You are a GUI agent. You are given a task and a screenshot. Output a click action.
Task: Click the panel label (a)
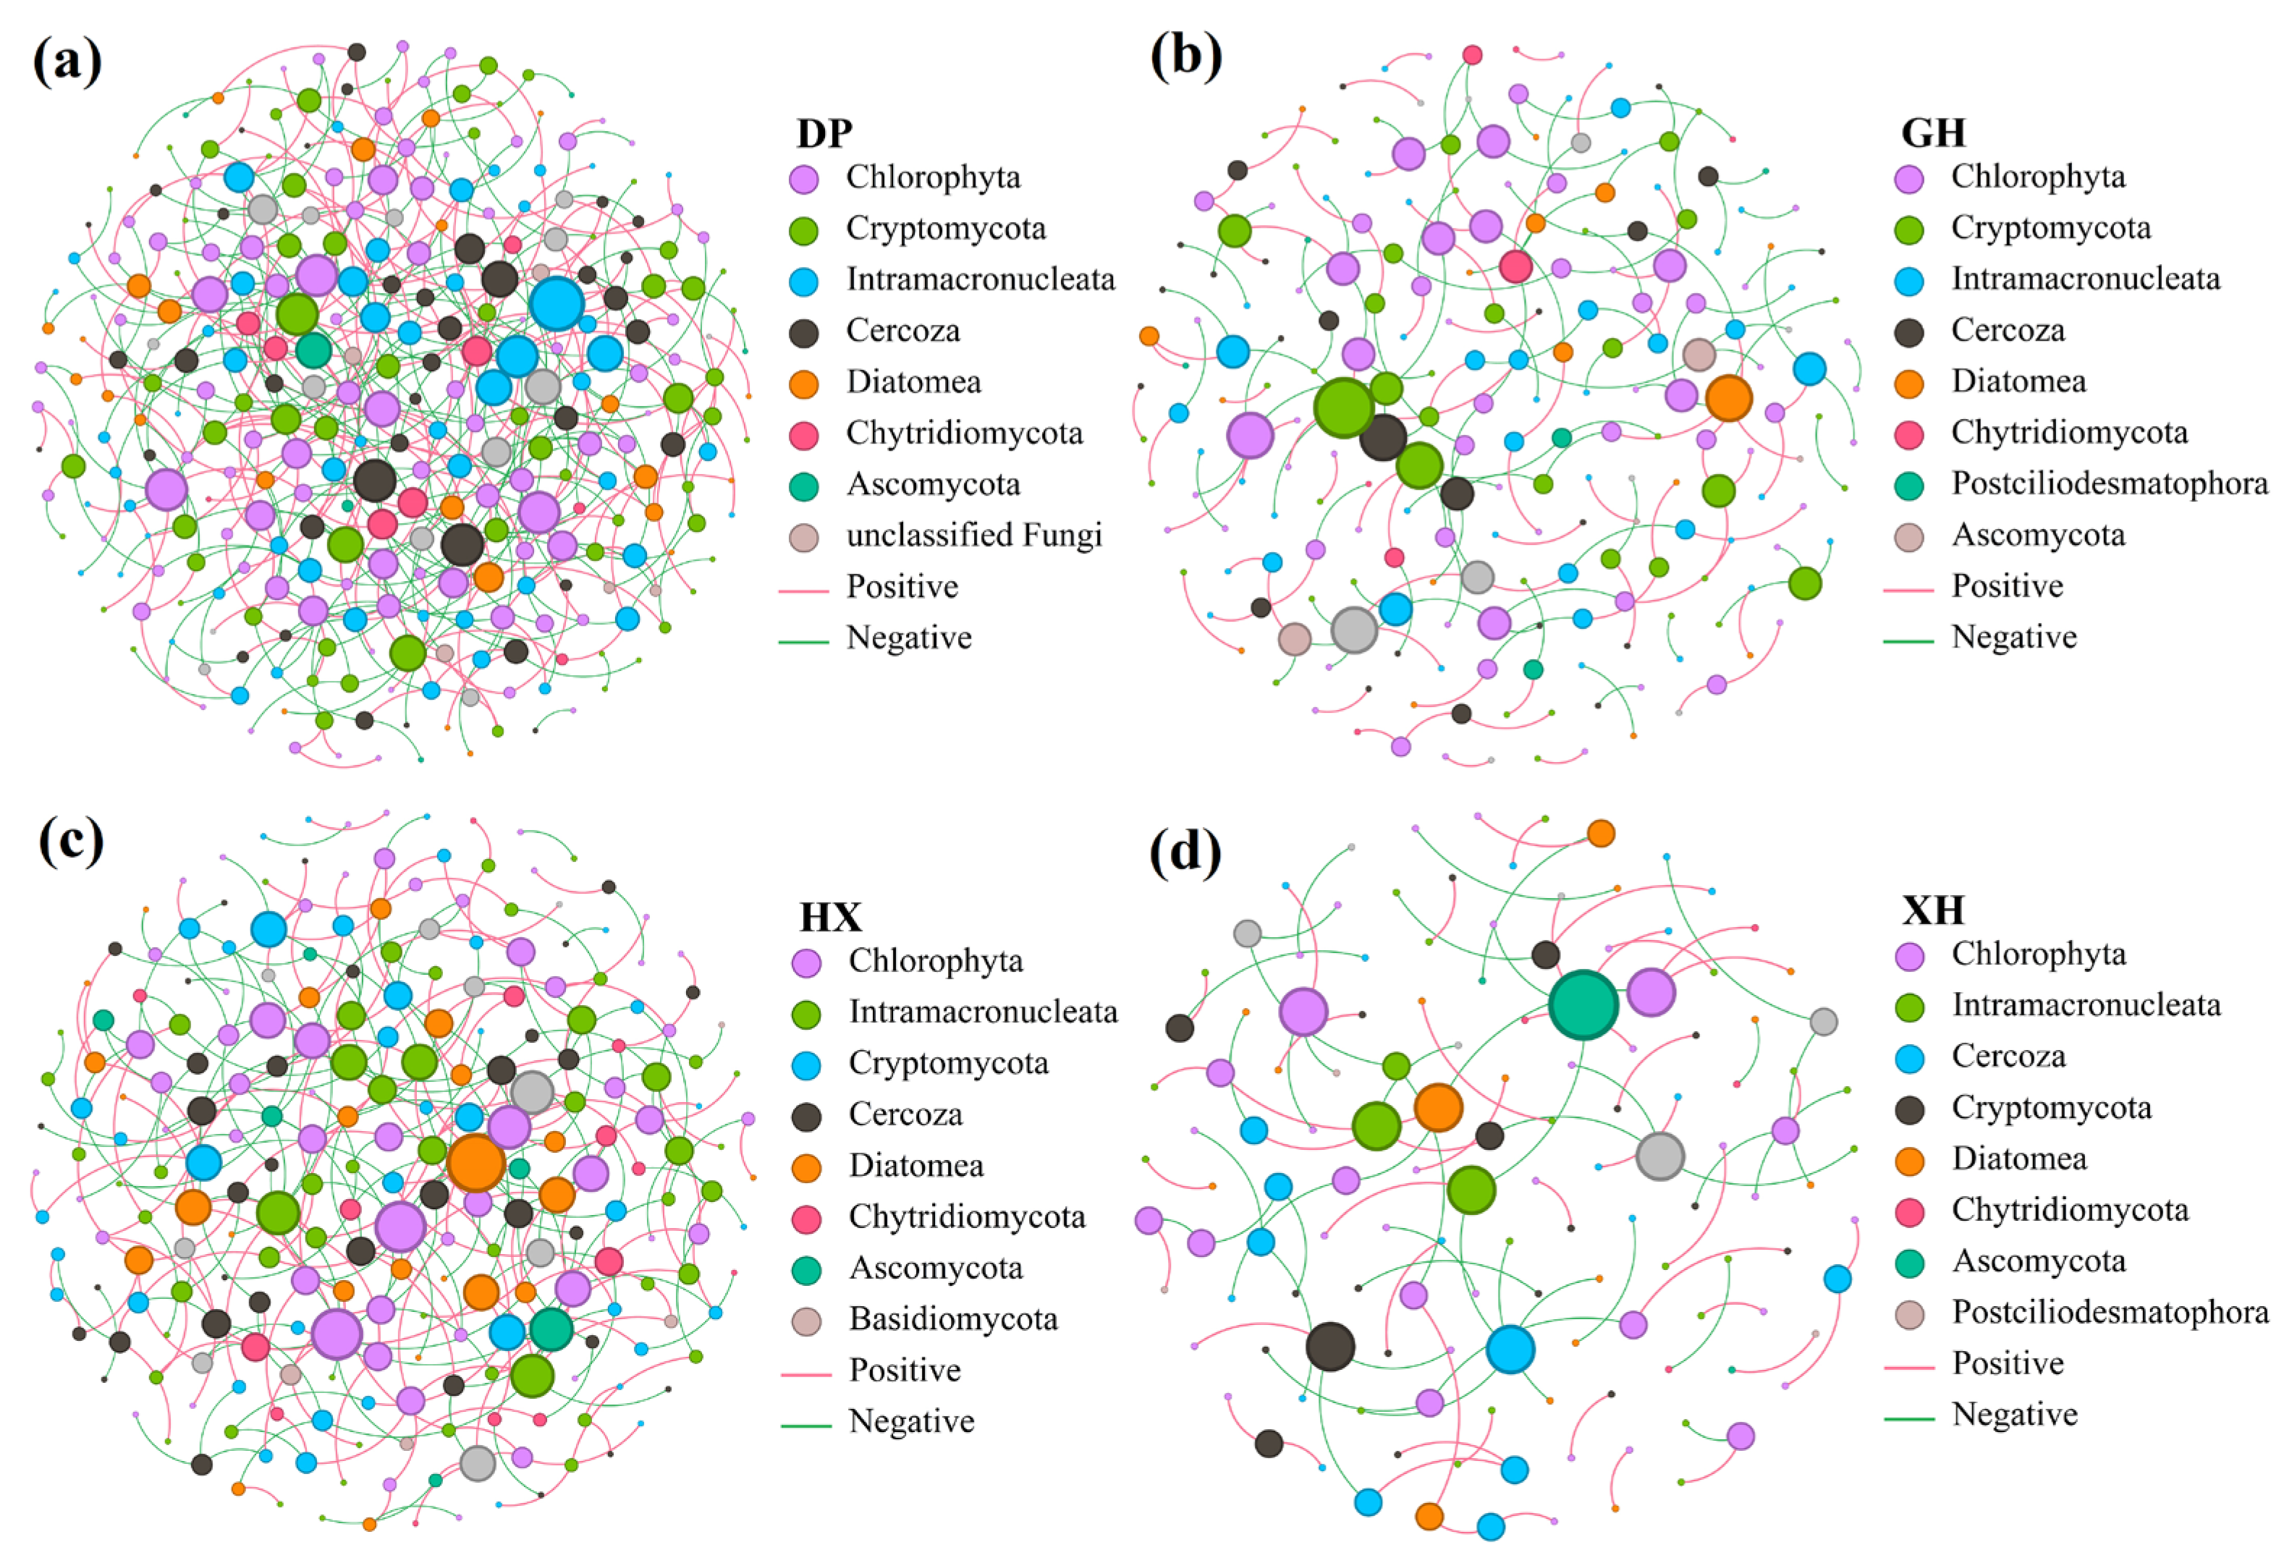point(67,62)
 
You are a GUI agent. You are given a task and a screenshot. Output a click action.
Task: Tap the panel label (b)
point(1186,55)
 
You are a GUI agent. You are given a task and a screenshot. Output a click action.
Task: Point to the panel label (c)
point(71,842)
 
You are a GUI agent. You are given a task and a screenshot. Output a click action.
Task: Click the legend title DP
point(824,132)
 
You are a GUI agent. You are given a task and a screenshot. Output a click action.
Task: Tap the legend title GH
point(1933,132)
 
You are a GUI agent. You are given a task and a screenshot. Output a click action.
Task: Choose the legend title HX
point(831,916)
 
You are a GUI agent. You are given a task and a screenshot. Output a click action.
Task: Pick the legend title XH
point(1933,910)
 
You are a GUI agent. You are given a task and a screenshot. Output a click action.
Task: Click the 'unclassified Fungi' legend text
point(974,535)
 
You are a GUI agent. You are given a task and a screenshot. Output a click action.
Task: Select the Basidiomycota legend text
point(953,1319)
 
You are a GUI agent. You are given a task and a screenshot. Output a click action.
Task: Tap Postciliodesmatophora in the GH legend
point(2109,483)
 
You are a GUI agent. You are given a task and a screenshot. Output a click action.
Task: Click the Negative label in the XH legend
point(2015,1415)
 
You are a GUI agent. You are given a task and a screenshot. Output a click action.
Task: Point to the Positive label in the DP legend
point(902,587)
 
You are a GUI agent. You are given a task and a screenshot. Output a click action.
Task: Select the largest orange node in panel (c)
point(475,1163)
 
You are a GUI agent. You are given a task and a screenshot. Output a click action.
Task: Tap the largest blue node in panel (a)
point(557,304)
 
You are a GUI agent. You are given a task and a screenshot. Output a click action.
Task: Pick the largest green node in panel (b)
point(1343,408)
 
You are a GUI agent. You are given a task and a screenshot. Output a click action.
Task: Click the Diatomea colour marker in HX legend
point(807,1168)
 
